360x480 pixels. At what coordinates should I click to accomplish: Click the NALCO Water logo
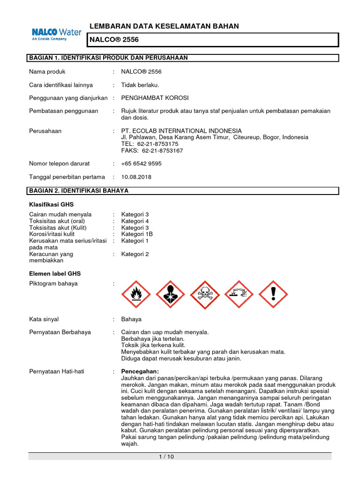click(x=56, y=34)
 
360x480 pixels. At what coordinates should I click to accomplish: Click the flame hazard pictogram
click(x=136, y=295)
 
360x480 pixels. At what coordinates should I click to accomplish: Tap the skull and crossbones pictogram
click(x=204, y=295)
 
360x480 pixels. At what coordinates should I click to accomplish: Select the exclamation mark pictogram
click(x=273, y=295)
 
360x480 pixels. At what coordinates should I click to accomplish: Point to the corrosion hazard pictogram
click(x=239, y=295)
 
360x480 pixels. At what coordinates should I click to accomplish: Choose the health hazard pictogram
click(x=170, y=295)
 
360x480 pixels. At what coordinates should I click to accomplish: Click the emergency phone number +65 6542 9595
click(x=141, y=164)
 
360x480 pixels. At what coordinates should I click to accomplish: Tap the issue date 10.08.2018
click(x=136, y=177)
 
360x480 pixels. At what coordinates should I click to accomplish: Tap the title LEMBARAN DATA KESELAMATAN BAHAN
click(x=164, y=26)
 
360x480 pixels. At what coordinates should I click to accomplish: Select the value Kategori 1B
click(x=137, y=234)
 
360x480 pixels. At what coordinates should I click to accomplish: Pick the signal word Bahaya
click(x=131, y=319)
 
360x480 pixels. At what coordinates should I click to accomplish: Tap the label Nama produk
click(x=47, y=72)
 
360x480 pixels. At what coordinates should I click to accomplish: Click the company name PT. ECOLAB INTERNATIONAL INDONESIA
click(x=181, y=131)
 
